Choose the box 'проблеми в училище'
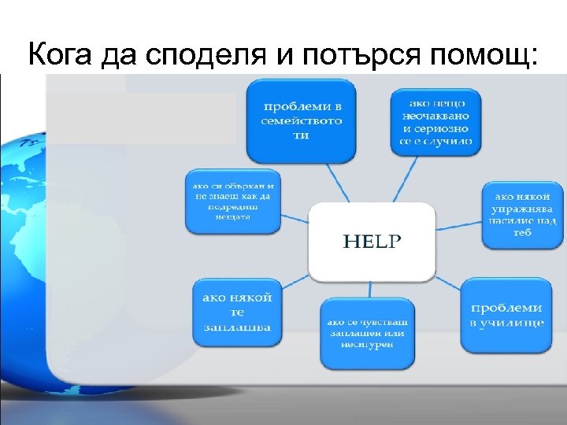coord(506,315)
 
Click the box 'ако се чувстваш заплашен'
coord(367,333)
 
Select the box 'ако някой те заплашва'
coord(237,312)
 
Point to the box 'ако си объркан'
coord(232,201)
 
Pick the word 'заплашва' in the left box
coord(237,327)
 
